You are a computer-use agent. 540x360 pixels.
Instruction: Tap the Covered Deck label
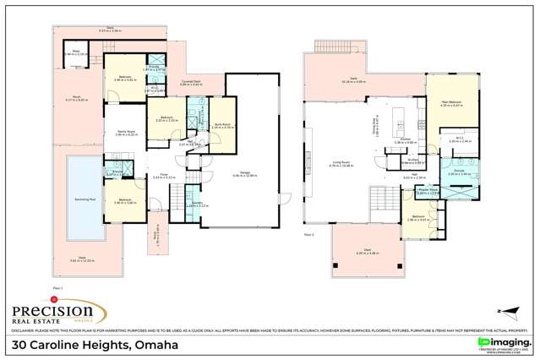(191, 84)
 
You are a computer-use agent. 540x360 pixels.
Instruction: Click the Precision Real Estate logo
(54, 312)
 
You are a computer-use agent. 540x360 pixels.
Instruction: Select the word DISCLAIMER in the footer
(22, 332)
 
